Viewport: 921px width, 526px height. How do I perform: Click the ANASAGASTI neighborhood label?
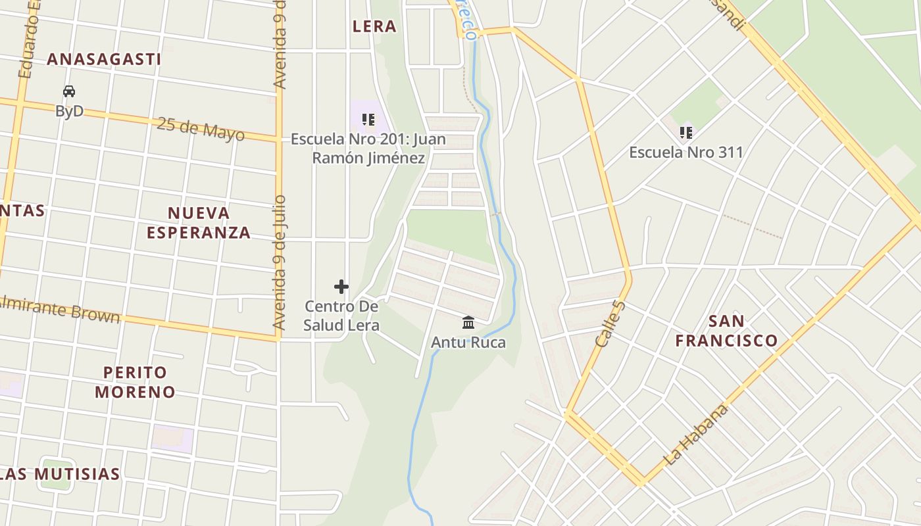[x=104, y=59]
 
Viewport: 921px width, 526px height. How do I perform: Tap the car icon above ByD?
[x=69, y=91]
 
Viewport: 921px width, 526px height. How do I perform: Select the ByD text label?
[x=69, y=110]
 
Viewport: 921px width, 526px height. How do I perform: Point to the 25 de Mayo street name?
[x=201, y=128]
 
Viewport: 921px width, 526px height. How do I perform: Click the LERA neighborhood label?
[x=374, y=26]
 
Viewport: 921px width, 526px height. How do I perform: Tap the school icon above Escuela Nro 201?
[x=368, y=120]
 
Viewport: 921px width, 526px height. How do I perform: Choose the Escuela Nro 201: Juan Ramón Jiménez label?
[x=368, y=149]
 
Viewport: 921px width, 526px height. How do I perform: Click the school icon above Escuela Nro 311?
[x=686, y=133]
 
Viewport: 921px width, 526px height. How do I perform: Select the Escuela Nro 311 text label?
[x=686, y=153]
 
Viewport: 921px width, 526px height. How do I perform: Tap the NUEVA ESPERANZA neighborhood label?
[x=199, y=222]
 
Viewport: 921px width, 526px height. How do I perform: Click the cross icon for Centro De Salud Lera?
[x=341, y=287]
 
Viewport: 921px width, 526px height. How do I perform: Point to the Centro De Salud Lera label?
[x=341, y=316]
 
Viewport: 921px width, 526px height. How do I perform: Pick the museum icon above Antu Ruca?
[x=468, y=323]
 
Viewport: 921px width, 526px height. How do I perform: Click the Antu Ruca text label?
[x=468, y=343]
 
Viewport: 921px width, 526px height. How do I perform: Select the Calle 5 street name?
[x=610, y=323]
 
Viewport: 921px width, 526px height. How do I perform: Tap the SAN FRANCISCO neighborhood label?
[x=727, y=331]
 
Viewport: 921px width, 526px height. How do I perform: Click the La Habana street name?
[x=697, y=435]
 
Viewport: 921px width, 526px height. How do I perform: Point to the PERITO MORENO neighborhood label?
[x=135, y=382]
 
